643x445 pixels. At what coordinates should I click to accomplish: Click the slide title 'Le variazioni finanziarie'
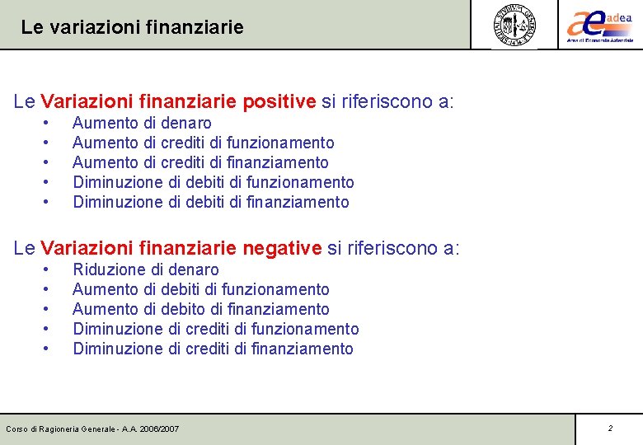(x=132, y=27)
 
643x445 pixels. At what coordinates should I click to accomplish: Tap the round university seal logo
(x=514, y=24)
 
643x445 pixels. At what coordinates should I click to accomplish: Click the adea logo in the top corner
(x=599, y=24)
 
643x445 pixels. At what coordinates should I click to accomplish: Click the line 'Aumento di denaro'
(x=142, y=123)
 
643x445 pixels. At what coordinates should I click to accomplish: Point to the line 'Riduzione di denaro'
(x=146, y=269)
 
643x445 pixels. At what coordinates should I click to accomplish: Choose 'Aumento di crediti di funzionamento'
(x=204, y=143)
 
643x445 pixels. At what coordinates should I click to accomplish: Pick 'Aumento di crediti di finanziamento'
(x=200, y=162)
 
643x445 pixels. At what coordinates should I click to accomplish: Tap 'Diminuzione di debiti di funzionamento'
(x=214, y=182)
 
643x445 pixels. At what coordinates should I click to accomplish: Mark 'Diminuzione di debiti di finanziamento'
(x=211, y=202)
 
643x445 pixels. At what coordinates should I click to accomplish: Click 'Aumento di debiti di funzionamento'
(x=201, y=289)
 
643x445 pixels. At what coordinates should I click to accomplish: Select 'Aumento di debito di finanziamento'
(x=201, y=309)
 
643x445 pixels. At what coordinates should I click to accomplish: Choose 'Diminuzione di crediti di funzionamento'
(x=216, y=329)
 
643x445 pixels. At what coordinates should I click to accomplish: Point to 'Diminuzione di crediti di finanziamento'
(x=213, y=349)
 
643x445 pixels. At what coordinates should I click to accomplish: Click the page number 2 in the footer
(x=610, y=429)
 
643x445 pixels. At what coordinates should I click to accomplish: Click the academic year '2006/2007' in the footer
(x=160, y=429)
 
